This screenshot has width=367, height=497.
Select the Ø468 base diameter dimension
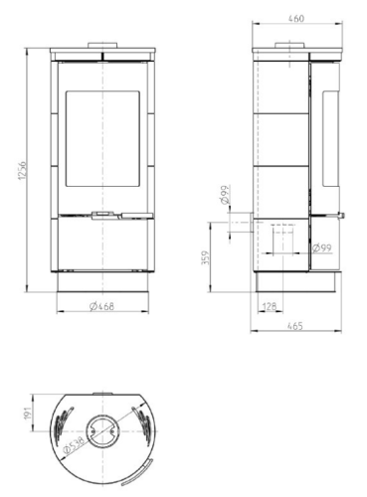[100, 306]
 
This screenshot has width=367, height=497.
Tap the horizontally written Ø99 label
[321, 248]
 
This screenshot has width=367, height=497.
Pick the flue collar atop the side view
[283, 45]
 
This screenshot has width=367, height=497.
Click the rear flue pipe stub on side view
[238, 226]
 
